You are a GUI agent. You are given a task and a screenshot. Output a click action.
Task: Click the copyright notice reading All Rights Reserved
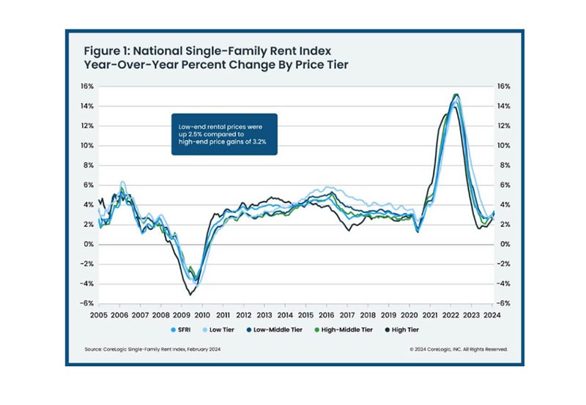(459, 349)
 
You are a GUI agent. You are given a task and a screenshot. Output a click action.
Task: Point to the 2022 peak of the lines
(456, 95)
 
